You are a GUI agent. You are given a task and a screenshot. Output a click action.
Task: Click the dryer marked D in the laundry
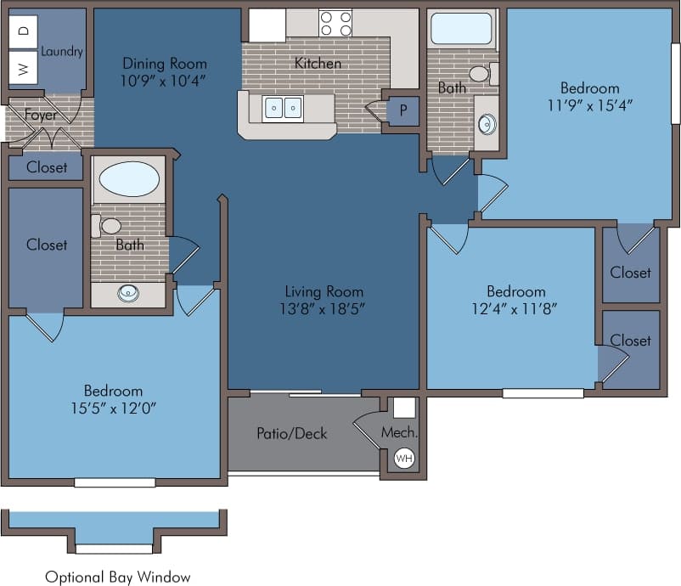point(23,31)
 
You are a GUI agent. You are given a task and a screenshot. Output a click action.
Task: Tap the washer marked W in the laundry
point(23,67)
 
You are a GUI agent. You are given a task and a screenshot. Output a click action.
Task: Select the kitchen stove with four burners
point(335,23)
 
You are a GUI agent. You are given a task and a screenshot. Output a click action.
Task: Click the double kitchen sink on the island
point(283,108)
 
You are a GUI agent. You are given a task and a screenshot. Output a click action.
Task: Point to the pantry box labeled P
point(402,110)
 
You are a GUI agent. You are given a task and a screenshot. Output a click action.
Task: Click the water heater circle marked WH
point(404,459)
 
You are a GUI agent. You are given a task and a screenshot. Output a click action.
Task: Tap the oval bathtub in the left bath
point(128,180)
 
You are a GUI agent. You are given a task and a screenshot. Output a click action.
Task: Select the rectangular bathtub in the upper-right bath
point(461,29)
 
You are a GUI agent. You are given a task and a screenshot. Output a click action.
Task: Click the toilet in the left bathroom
point(109,226)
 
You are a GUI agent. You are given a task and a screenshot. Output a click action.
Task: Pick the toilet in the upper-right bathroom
point(481,74)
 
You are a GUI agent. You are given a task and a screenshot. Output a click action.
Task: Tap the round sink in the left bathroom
point(128,294)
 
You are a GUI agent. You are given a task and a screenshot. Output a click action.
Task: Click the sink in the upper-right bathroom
point(487,124)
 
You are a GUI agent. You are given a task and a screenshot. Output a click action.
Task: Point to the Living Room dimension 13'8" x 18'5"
point(324,308)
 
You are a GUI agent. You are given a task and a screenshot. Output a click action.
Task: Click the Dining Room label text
point(164,64)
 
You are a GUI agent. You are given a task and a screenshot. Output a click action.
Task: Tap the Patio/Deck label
point(291,433)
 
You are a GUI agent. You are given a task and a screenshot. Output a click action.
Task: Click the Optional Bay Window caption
point(118,577)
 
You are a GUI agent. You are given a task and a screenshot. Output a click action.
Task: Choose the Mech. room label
point(398,432)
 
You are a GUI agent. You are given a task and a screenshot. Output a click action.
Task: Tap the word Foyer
point(41,115)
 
